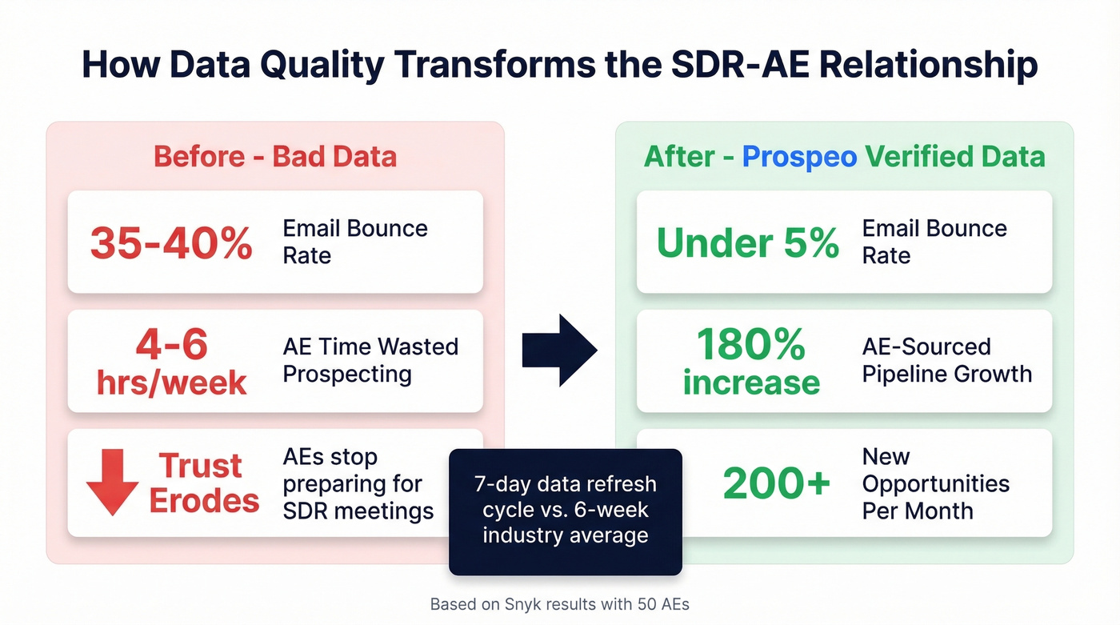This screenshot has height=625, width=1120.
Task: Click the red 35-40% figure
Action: [171, 242]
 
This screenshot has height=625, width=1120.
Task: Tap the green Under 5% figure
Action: [747, 242]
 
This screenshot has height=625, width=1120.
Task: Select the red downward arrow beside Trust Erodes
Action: [112, 481]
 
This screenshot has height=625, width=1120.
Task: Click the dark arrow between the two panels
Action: [559, 351]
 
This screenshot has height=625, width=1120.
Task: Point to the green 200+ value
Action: [776, 483]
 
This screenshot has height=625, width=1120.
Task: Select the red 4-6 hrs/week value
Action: [171, 363]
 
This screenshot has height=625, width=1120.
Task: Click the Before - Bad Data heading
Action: [275, 156]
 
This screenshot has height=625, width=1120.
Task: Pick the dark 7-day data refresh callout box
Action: [565, 511]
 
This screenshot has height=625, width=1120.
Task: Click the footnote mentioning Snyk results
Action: [559, 604]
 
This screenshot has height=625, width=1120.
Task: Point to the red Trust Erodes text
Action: [204, 483]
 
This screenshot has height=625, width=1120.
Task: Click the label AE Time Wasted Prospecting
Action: [370, 360]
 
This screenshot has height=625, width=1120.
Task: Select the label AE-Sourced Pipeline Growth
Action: [946, 360]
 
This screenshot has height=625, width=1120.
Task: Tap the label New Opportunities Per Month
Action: [935, 483]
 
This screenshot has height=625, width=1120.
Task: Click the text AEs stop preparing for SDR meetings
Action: [358, 483]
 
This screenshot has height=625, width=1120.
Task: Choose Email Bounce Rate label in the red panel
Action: [355, 242]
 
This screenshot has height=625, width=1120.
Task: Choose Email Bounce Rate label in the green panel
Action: [934, 242]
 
